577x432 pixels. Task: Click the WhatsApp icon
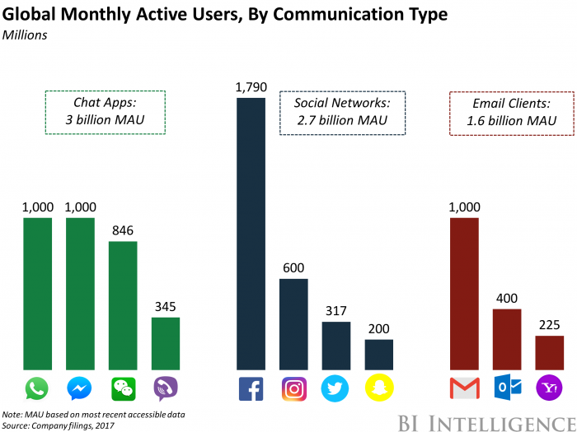tap(37, 388)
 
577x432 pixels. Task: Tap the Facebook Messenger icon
tap(80, 388)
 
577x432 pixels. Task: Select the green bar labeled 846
tap(123, 304)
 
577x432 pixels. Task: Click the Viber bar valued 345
tap(166, 343)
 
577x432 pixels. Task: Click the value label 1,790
tap(251, 85)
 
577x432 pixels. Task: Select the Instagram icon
tap(294, 388)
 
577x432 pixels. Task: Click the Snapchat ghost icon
tap(379, 388)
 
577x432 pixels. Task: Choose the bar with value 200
tap(379, 354)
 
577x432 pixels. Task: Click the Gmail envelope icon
tap(464, 388)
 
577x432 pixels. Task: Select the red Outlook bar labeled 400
tap(507, 339)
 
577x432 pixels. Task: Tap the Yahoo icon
tap(550, 388)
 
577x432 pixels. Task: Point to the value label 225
tap(550, 323)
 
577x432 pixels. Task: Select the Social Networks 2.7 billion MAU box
tap(341, 113)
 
